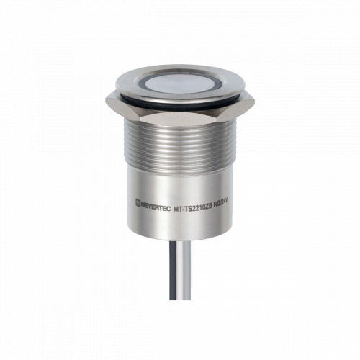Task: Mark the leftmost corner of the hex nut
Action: pyautogui.click(x=105, y=101)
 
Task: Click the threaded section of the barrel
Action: pyautogui.click(x=180, y=146)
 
